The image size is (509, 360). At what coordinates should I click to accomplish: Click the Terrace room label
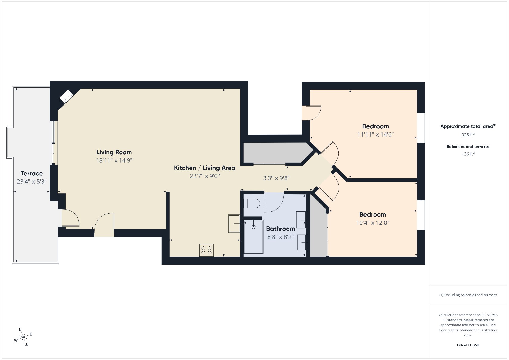pyautogui.click(x=32, y=173)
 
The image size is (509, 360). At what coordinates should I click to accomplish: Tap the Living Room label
pyautogui.click(x=114, y=152)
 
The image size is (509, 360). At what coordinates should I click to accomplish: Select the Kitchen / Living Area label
pyautogui.click(x=205, y=168)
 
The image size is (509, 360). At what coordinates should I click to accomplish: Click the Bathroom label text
pyautogui.click(x=280, y=229)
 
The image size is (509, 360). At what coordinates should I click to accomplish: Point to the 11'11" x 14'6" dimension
pyautogui.click(x=375, y=134)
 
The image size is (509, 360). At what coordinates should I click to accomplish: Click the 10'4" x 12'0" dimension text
pyautogui.click(x=372, y=223)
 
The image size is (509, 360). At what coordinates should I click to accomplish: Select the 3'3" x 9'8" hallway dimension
pyautogui.click(x=276, y=178)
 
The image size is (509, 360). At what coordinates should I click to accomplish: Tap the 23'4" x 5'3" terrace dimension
pyautogui.click(x=32, y=182)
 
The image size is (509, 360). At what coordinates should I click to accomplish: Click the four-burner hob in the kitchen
pyautogui.click(x=207, y=250)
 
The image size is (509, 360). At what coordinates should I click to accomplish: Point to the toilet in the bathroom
pyautogui.click(x=252, y=204)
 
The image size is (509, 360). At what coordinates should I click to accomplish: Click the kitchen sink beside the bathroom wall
pyautogui.click(x=234, y=224)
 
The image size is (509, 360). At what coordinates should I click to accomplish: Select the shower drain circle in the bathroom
pyautogui.click(x=253, y=227)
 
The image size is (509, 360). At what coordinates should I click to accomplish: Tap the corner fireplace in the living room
pyautogui.click(x=66, y=97)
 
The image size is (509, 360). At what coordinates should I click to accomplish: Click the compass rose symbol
pyautogui.click(x=23, y=337)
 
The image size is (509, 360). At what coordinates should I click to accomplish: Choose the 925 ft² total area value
pyautogui.click(x=468, y=135)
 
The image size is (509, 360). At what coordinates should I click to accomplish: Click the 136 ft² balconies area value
pyautogui.click(x=468, y=154)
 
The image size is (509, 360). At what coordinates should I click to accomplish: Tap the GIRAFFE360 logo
pyautogui.click(x=468, y=345)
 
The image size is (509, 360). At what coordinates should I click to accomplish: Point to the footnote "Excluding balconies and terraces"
pyautogui.click(x=471, y=295)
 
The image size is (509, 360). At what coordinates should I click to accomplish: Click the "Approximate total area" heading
pyautogui.click(x=467, y=126)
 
